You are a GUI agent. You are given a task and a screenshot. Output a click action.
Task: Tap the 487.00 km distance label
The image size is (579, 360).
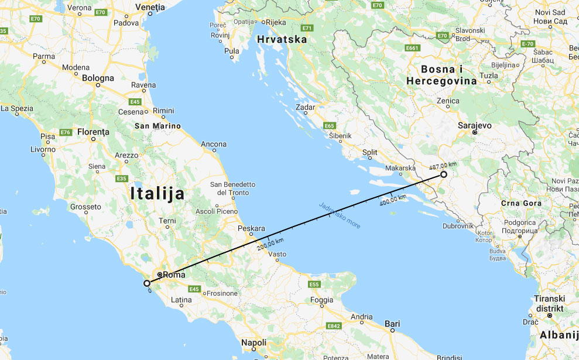pos(443,165)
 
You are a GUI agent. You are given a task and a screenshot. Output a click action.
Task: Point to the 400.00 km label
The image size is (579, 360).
pos(393,200)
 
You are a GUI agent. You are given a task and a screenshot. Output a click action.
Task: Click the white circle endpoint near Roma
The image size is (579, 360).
pos(147,283)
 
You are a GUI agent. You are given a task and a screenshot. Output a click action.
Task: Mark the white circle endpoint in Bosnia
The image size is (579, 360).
pos(444,174)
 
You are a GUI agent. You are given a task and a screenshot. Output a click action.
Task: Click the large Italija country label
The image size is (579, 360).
pos(157,194)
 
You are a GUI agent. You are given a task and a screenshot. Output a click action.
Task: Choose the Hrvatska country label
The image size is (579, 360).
pos(282,40)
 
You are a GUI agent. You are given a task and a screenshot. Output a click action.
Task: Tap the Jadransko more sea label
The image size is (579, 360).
pos(340,215)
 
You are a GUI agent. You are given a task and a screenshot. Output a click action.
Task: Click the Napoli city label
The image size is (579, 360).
pos(254,342)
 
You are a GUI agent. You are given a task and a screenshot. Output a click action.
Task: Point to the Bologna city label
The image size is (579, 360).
pos(98,78)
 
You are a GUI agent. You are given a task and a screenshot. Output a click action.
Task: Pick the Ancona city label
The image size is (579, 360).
pos(213,144)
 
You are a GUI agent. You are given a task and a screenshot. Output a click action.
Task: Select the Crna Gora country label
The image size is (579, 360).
pos(521,203)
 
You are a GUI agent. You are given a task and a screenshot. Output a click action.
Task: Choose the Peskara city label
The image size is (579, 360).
pos(252,228)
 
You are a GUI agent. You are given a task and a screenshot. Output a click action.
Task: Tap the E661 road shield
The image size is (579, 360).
pos(412,48)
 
